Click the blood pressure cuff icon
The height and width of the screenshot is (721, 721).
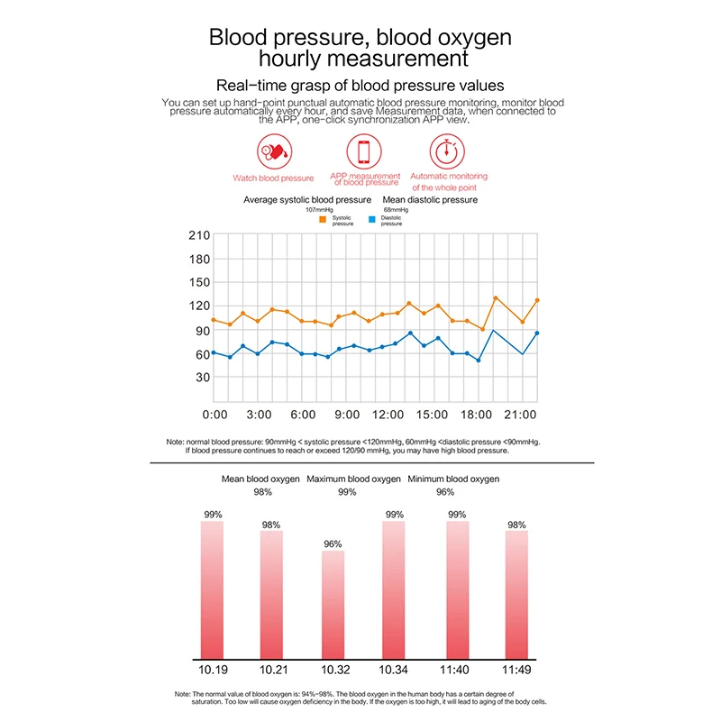tap(275, 151)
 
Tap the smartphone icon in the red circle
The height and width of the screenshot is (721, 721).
tap(364, 151)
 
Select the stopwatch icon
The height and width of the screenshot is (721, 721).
tap(447, 151)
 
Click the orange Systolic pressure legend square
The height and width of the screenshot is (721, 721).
tap(323, 220)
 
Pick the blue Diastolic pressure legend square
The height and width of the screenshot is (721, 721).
tap(372, 220)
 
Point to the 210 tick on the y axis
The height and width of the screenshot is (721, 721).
tap(199, 235)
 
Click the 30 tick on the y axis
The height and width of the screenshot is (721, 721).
tap(203, 378)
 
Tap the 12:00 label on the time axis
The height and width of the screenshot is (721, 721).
tap(388, 415)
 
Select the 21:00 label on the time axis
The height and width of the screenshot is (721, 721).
tap(520, 415)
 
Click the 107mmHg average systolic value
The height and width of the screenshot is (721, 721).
tap(320, 210)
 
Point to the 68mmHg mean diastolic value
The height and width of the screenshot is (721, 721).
tap(396, 210)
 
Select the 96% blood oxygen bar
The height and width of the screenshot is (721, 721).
tap(333, 605)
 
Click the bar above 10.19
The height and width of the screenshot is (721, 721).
tap(212, 590)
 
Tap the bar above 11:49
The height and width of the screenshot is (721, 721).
tap(516, 595)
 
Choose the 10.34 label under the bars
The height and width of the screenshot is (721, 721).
tap(393, 670)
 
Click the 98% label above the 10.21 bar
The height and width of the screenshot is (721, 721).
tap(271, 525)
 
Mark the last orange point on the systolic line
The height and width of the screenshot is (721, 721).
tap(537, 300)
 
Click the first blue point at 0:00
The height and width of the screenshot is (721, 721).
tap(214, 352)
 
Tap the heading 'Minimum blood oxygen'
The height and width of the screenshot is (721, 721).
tap(453, 479)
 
